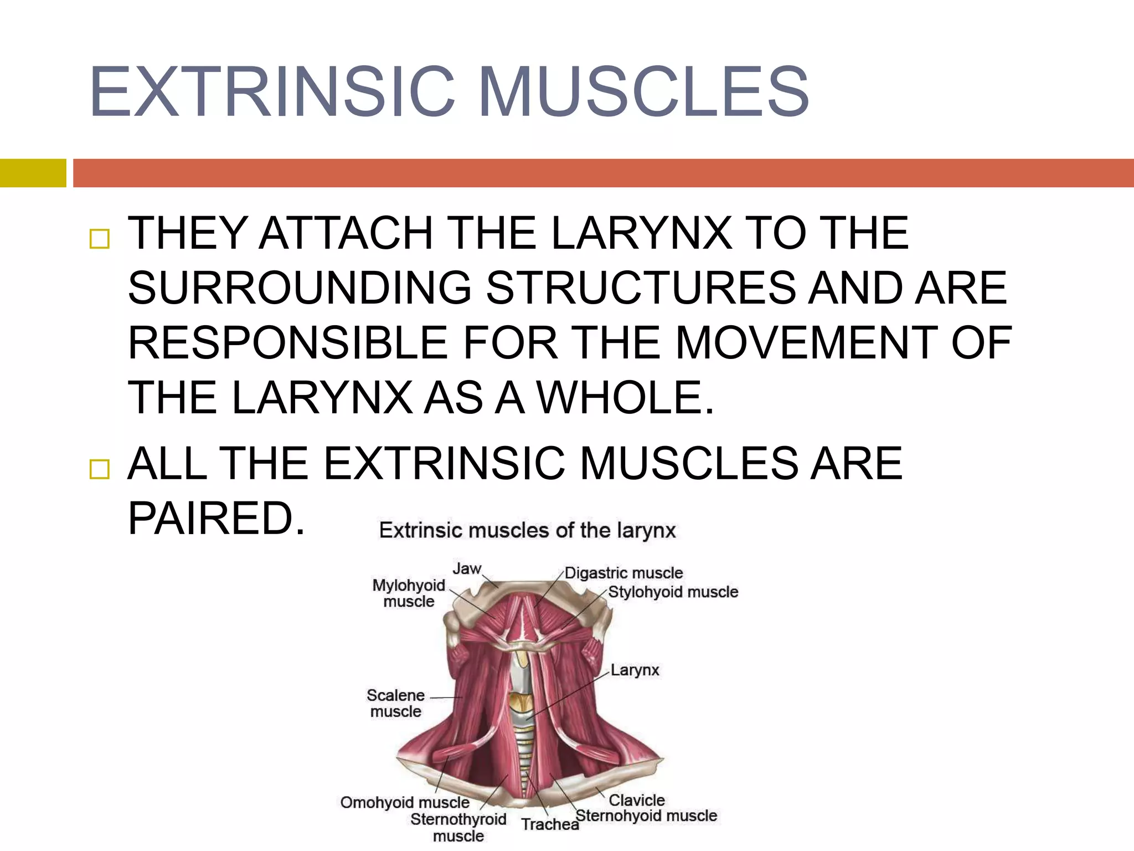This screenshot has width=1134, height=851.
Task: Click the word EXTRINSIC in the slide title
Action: pyautogui.click(x=271, y=92)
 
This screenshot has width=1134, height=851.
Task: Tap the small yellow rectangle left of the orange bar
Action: pyautogui.click(x=33, y=173)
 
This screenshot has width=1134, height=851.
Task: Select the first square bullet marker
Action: pyautogui.click(x=100, y=239)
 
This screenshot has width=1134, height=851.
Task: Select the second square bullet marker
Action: pyautogui.click(x=100, y=469)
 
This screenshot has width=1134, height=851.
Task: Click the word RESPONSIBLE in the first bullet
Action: pyautogui.click(x=287, y=343)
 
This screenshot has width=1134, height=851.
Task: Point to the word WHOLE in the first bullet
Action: pyautogui.click(x=626, y=397)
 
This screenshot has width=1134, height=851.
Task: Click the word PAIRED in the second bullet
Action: pyautogui.click(x=216, y=518)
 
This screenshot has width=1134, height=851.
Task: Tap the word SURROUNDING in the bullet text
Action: pyautogui.click(x=300, y=288)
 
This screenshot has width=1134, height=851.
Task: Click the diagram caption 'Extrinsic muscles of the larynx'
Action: pyautogui.click(x=527, y=531)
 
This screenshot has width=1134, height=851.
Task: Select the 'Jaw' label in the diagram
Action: pyautogui.click(x=467, y=569)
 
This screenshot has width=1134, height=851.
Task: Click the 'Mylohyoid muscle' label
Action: pyautogui.click(x=409, y=593)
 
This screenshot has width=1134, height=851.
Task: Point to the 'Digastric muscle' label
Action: pyautogui.click(x=623, y=573)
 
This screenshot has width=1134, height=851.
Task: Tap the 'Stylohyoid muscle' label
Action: pyautogui.click(x=673, y=592)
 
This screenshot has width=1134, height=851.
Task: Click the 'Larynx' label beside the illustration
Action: pyautogui.click(x=635, y=670)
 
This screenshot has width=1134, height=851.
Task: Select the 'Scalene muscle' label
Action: pyautogui.click(x=395, y=703)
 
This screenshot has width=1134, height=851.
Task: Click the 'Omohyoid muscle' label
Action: pyautogui.click(x=405, y=802)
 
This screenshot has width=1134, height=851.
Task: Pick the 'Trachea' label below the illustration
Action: pyautogui.click(x=550, y=824)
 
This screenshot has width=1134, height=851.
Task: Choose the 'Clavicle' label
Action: pyautogui.click(x=637, y=800)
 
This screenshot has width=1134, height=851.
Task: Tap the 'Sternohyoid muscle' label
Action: pyautogui.click(x=646, y=816)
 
